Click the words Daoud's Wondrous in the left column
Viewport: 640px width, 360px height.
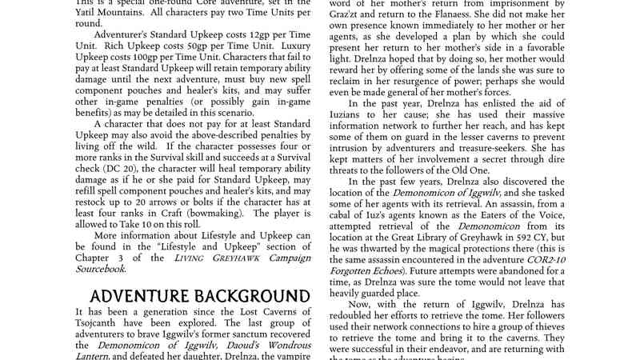[240, 345]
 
